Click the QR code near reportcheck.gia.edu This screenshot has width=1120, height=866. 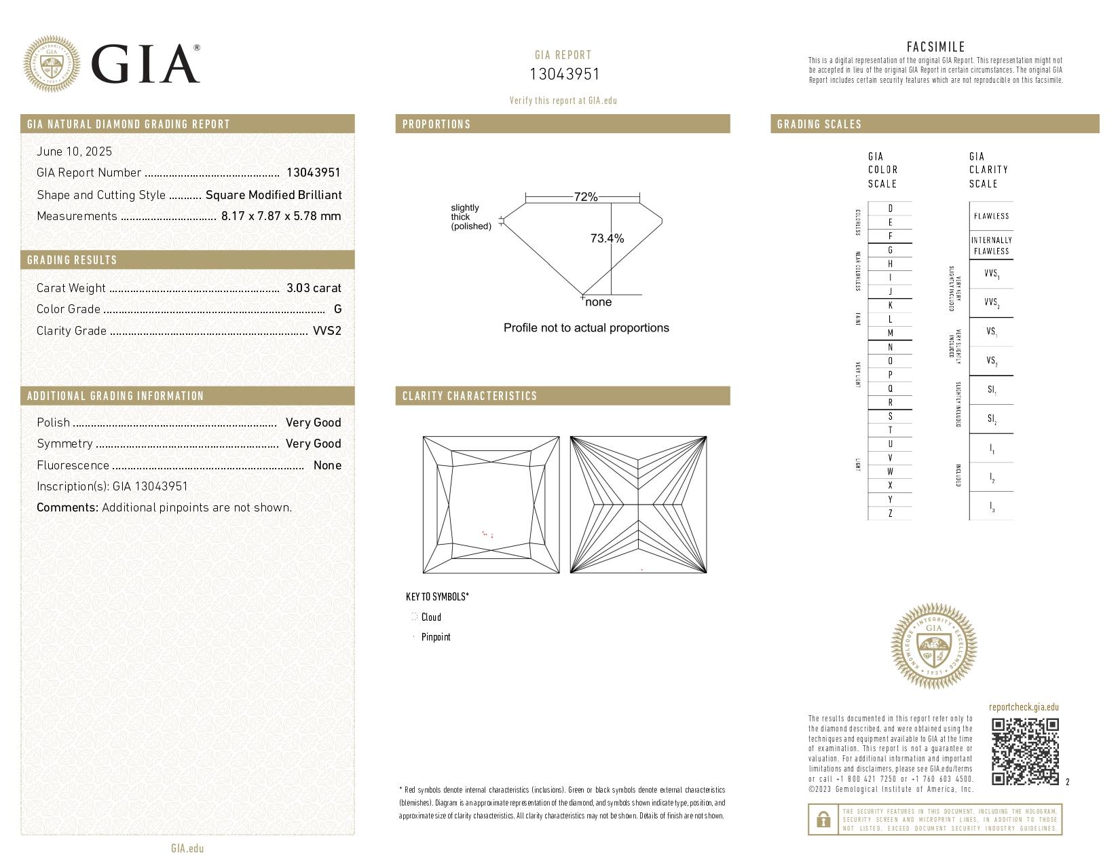pos(1025,751)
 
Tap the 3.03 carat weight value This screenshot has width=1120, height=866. pos(314,288)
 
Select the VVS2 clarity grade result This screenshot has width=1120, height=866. pos(326,331)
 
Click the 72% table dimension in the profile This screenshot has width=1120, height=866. pos(585,197)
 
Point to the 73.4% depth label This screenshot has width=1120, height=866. pos(607,238)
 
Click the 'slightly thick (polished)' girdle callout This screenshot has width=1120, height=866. pos(470,217)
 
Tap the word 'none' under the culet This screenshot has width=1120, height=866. pos(598,302)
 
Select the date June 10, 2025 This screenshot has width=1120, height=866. pos(75,151)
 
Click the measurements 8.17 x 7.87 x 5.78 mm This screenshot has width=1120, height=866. pos(281,216)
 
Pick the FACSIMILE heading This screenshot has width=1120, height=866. pos(935,47)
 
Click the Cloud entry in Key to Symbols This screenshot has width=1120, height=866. pos(430,617)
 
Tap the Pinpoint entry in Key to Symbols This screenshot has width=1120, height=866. pos(435,637)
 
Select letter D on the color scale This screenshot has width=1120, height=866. pos(890,209)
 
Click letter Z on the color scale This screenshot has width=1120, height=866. pos(890,513)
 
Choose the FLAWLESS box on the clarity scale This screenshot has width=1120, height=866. pos(991,216)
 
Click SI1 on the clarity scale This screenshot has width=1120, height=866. pos(992,390)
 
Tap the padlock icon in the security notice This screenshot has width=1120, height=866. pos(823,820)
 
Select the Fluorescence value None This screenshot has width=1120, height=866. pos(327,465)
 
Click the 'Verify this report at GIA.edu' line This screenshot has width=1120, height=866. pos(563,101)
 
